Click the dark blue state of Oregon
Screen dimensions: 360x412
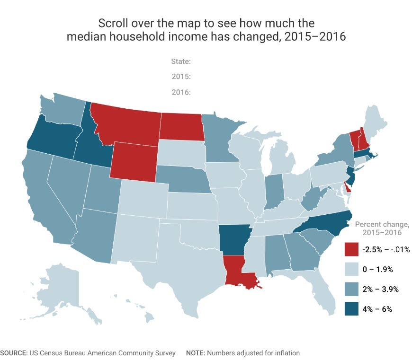50,137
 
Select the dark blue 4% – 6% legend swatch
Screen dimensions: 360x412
352,309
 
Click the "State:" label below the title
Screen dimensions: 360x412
180,61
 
